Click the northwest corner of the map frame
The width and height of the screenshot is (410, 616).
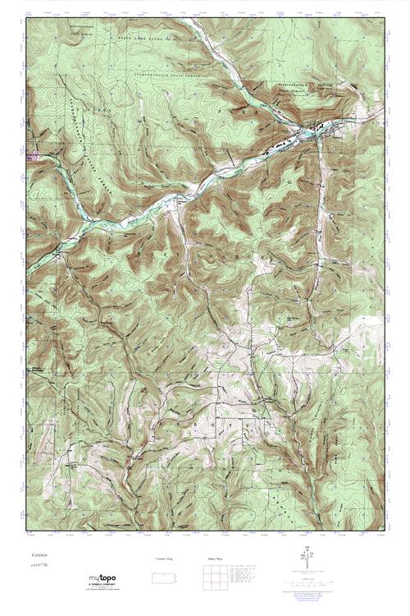[26, 17]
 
